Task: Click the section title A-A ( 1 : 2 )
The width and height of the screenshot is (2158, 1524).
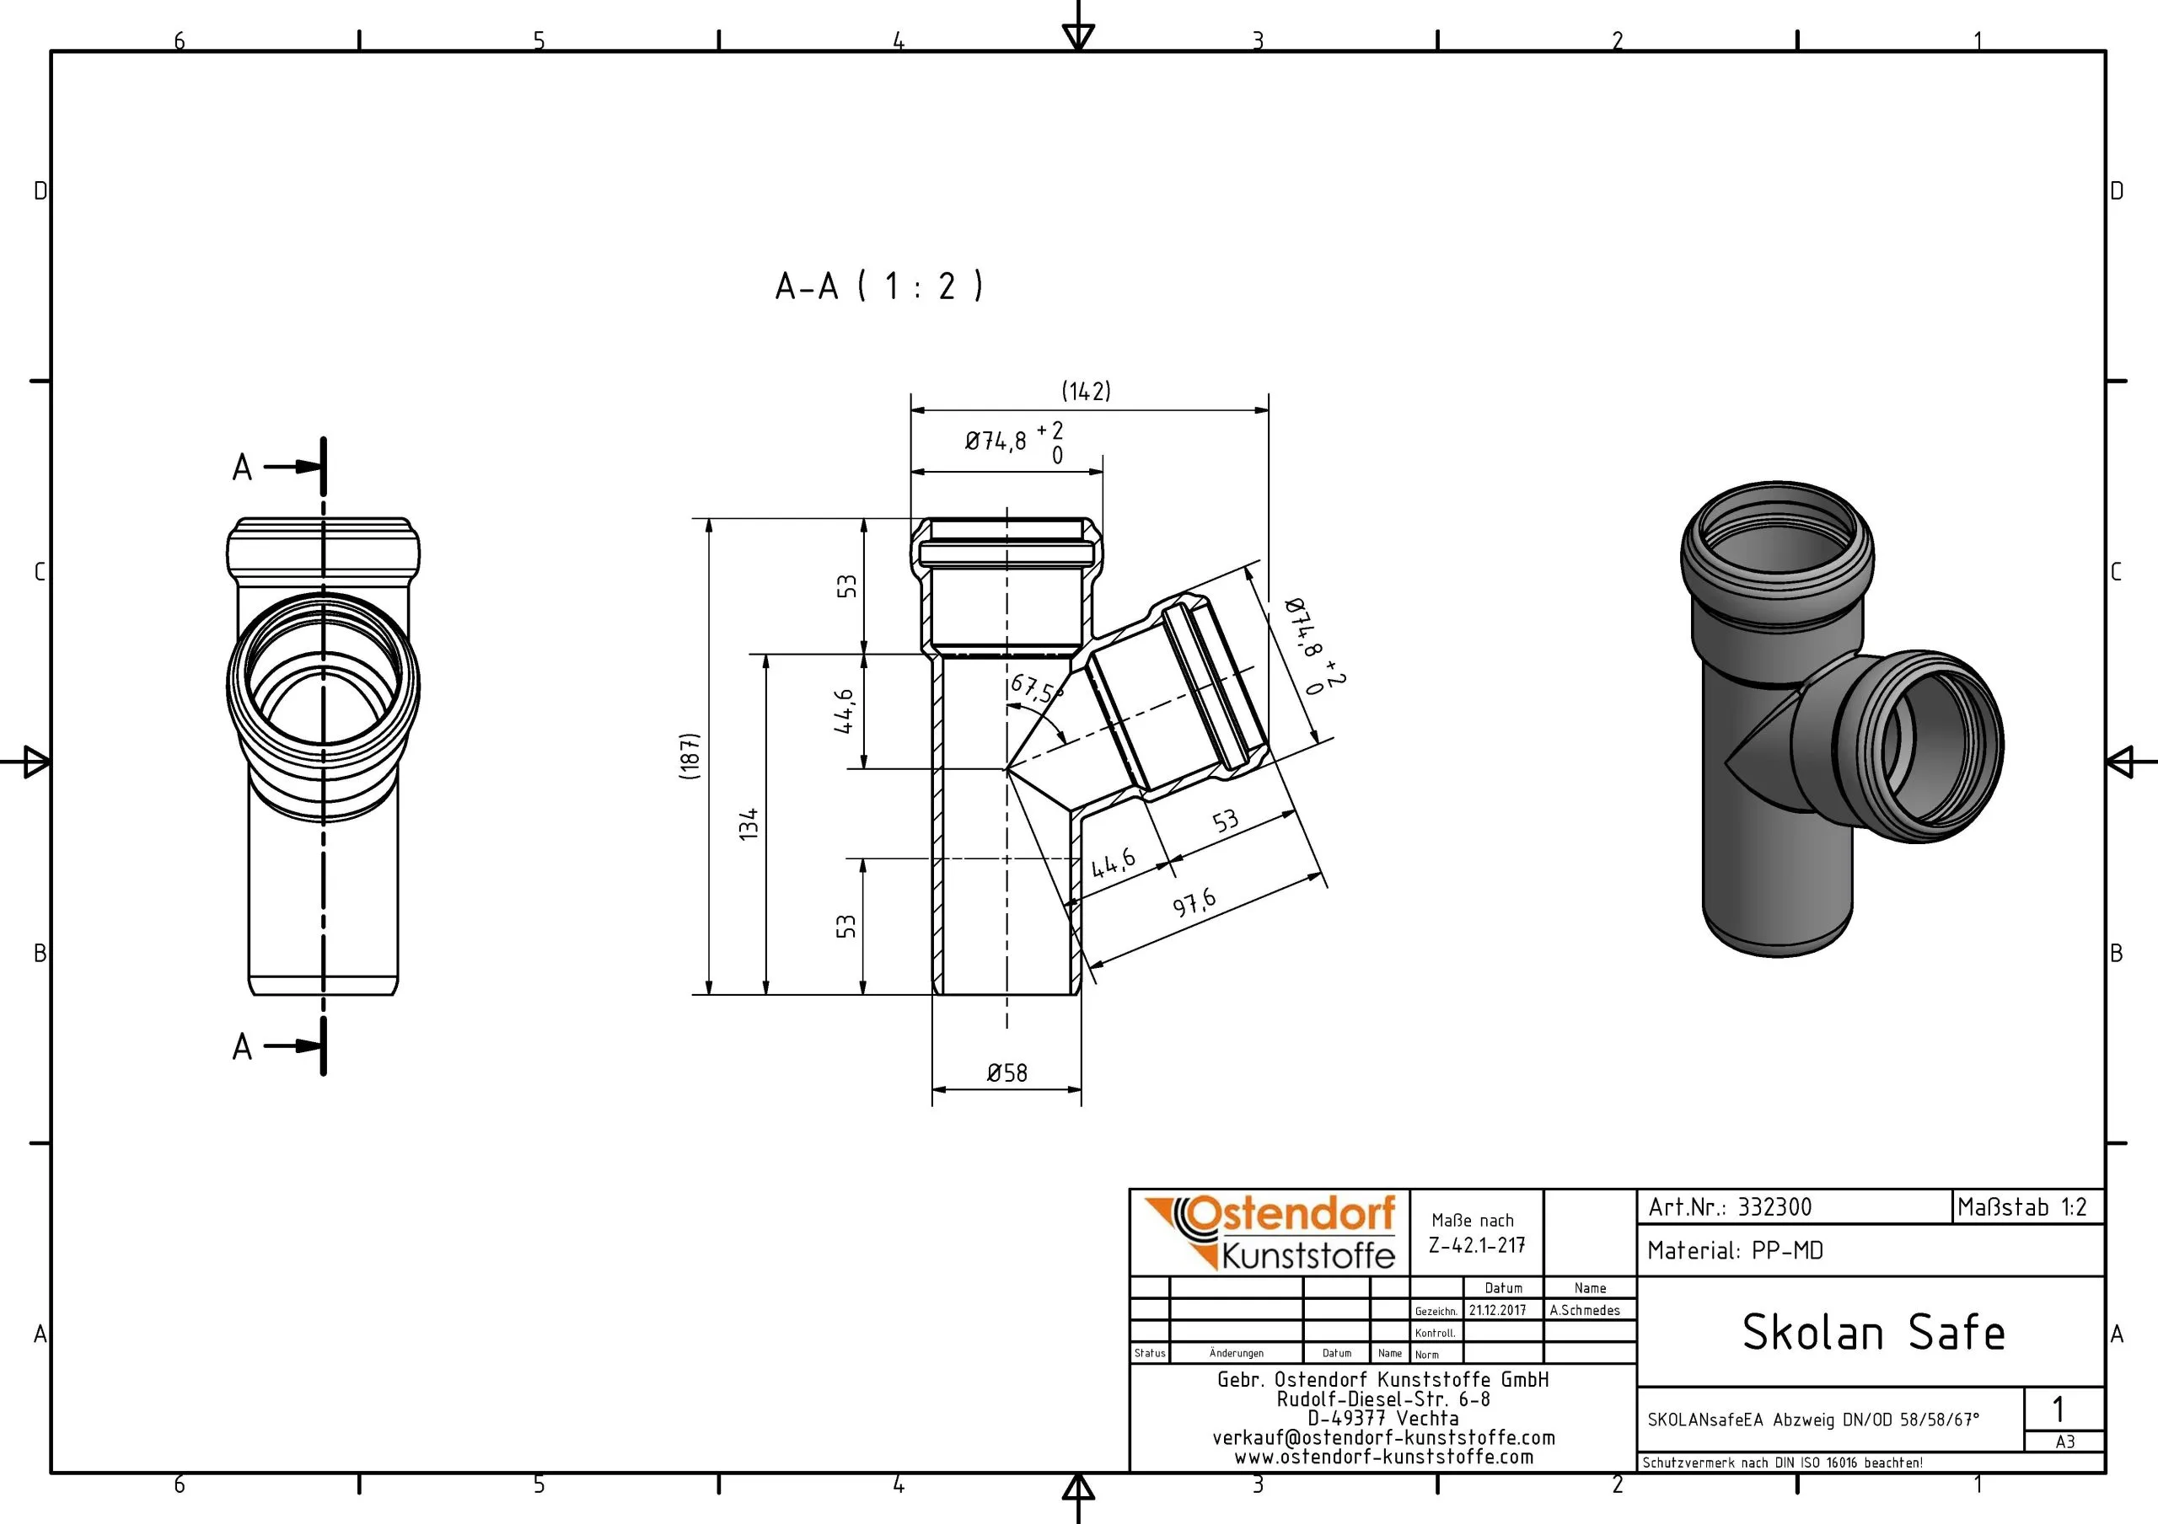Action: [879, 286]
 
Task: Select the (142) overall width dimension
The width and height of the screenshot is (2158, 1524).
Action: [1086, 391]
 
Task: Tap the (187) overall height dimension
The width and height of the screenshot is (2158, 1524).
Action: [690, 756]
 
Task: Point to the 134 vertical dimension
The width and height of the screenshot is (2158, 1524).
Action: [749, 824]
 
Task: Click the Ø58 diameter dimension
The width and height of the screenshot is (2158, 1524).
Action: [1007, 1073]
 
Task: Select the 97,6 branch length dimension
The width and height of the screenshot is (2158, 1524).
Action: [1194, 903]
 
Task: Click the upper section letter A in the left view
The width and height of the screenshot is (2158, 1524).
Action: [243, 467]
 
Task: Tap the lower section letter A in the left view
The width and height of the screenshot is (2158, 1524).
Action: [243, 1046]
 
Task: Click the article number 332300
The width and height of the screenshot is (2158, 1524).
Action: [1774, 1207]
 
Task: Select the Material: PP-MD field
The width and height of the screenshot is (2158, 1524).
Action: [1735, 1250]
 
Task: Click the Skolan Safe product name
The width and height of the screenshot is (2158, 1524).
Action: [1873, 1332]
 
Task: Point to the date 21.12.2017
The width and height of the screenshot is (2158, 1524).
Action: [1497, 1311]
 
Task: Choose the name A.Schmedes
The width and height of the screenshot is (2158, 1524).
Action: [1585, 1311]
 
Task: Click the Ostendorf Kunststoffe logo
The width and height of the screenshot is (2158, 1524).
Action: [1270, 1233]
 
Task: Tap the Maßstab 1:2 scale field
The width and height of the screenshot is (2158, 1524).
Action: [2021, 1207]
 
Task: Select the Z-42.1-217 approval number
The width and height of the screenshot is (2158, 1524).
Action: [1477, 1246]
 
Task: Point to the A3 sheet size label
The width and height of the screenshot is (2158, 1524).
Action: [2065, 1442]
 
